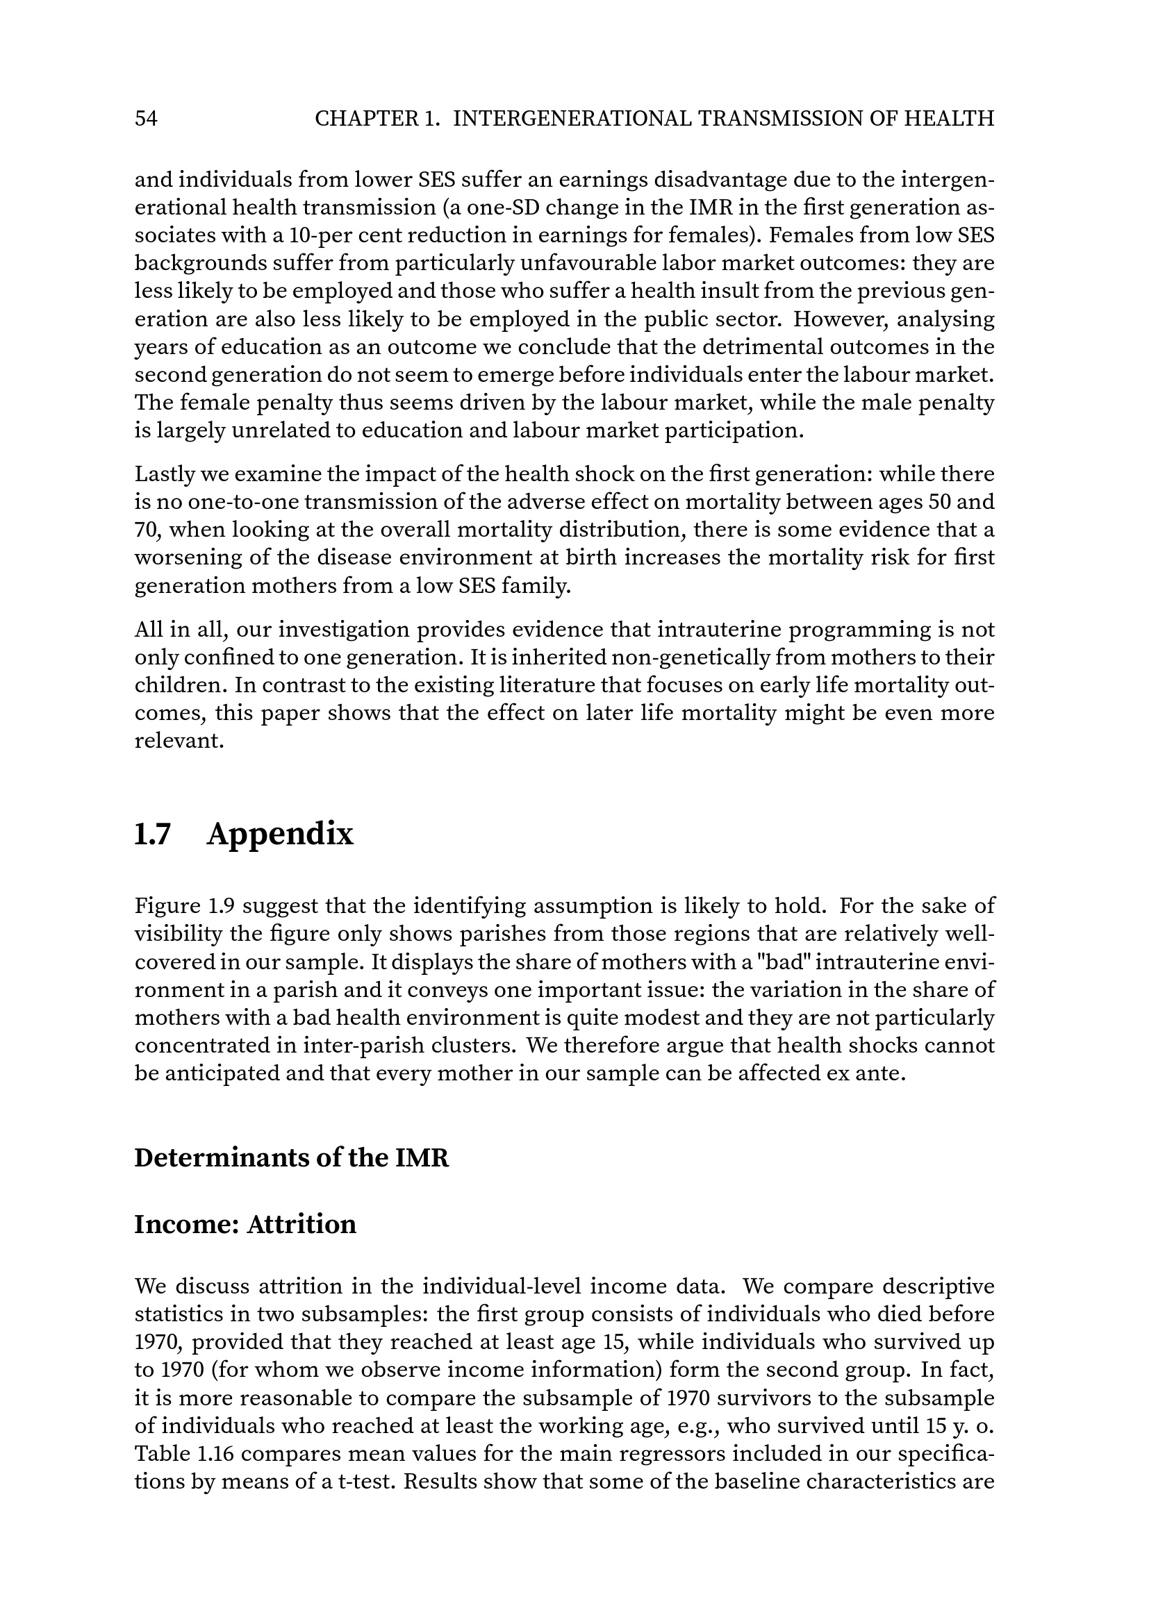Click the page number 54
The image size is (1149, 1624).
[146, 119]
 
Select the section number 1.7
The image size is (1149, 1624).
[152, 835]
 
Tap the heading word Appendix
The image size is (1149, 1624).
[280, 835]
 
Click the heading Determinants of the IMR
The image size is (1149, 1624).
[292, 1159]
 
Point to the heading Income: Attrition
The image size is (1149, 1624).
[245, 1224]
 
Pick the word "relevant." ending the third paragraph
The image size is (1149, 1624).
[179, 742]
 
